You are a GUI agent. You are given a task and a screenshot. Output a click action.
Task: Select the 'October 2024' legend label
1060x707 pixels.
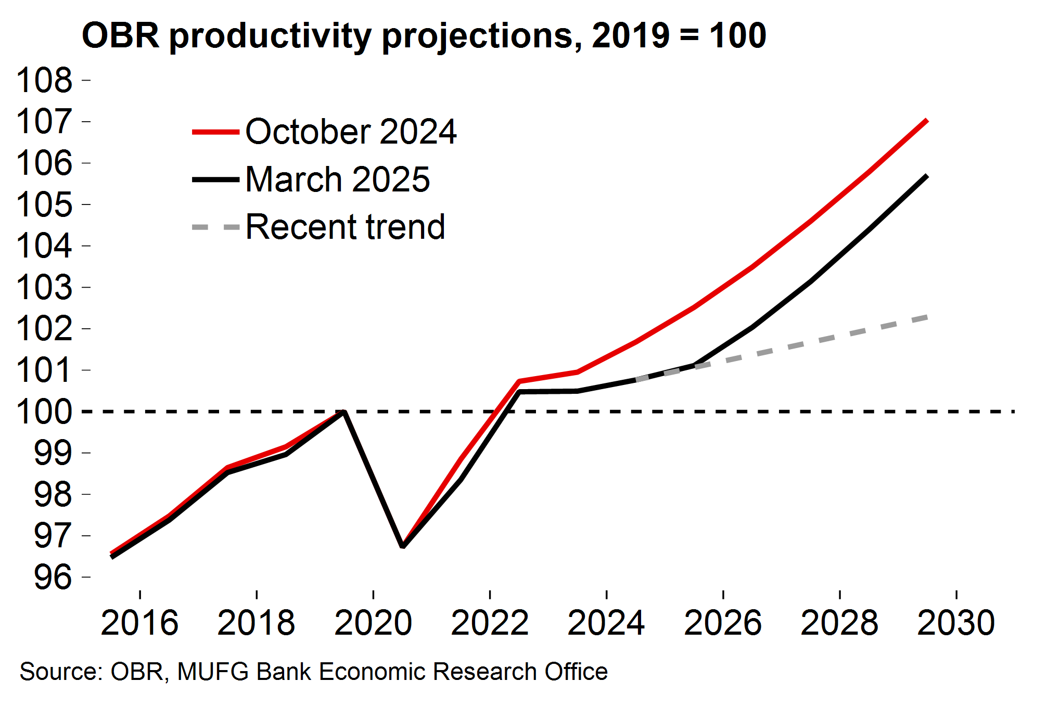click(351, 132)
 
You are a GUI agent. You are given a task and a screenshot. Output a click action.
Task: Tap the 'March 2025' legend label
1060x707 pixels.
click(337, 179)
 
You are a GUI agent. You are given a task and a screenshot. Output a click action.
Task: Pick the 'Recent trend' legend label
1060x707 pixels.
click(345, 227)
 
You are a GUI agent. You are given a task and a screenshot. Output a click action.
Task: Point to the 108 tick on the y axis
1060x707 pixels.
click(45, 81)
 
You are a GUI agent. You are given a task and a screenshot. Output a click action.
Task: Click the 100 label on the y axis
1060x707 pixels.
click(45, 412)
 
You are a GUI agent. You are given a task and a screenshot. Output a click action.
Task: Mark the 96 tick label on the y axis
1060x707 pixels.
click(53, 577)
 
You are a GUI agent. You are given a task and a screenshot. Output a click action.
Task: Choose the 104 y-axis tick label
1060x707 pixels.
click(45, 246)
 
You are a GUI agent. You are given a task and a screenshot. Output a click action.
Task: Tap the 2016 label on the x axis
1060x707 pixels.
click(139, 623)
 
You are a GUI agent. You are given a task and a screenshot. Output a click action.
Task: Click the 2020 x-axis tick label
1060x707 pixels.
click(373, 623)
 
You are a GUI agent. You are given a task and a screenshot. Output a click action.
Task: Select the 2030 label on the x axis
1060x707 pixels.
click(956, 623)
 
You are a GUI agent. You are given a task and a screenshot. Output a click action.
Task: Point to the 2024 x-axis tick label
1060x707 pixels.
click(606, 623)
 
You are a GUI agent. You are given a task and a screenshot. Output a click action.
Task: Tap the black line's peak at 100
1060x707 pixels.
click(343, 412)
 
